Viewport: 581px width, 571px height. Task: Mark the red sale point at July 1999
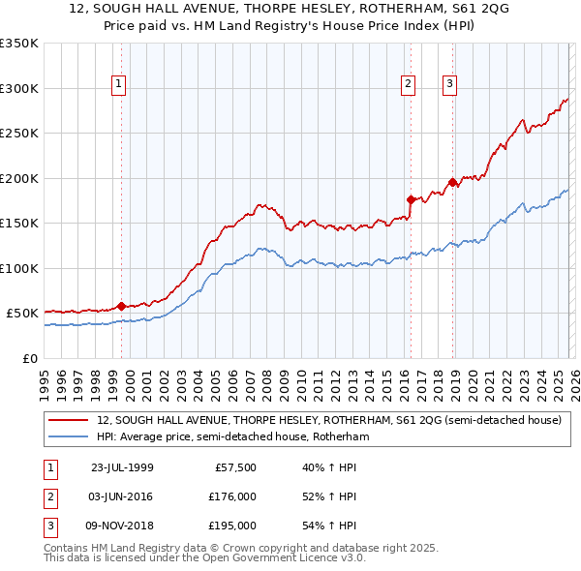(x=121, y=306)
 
